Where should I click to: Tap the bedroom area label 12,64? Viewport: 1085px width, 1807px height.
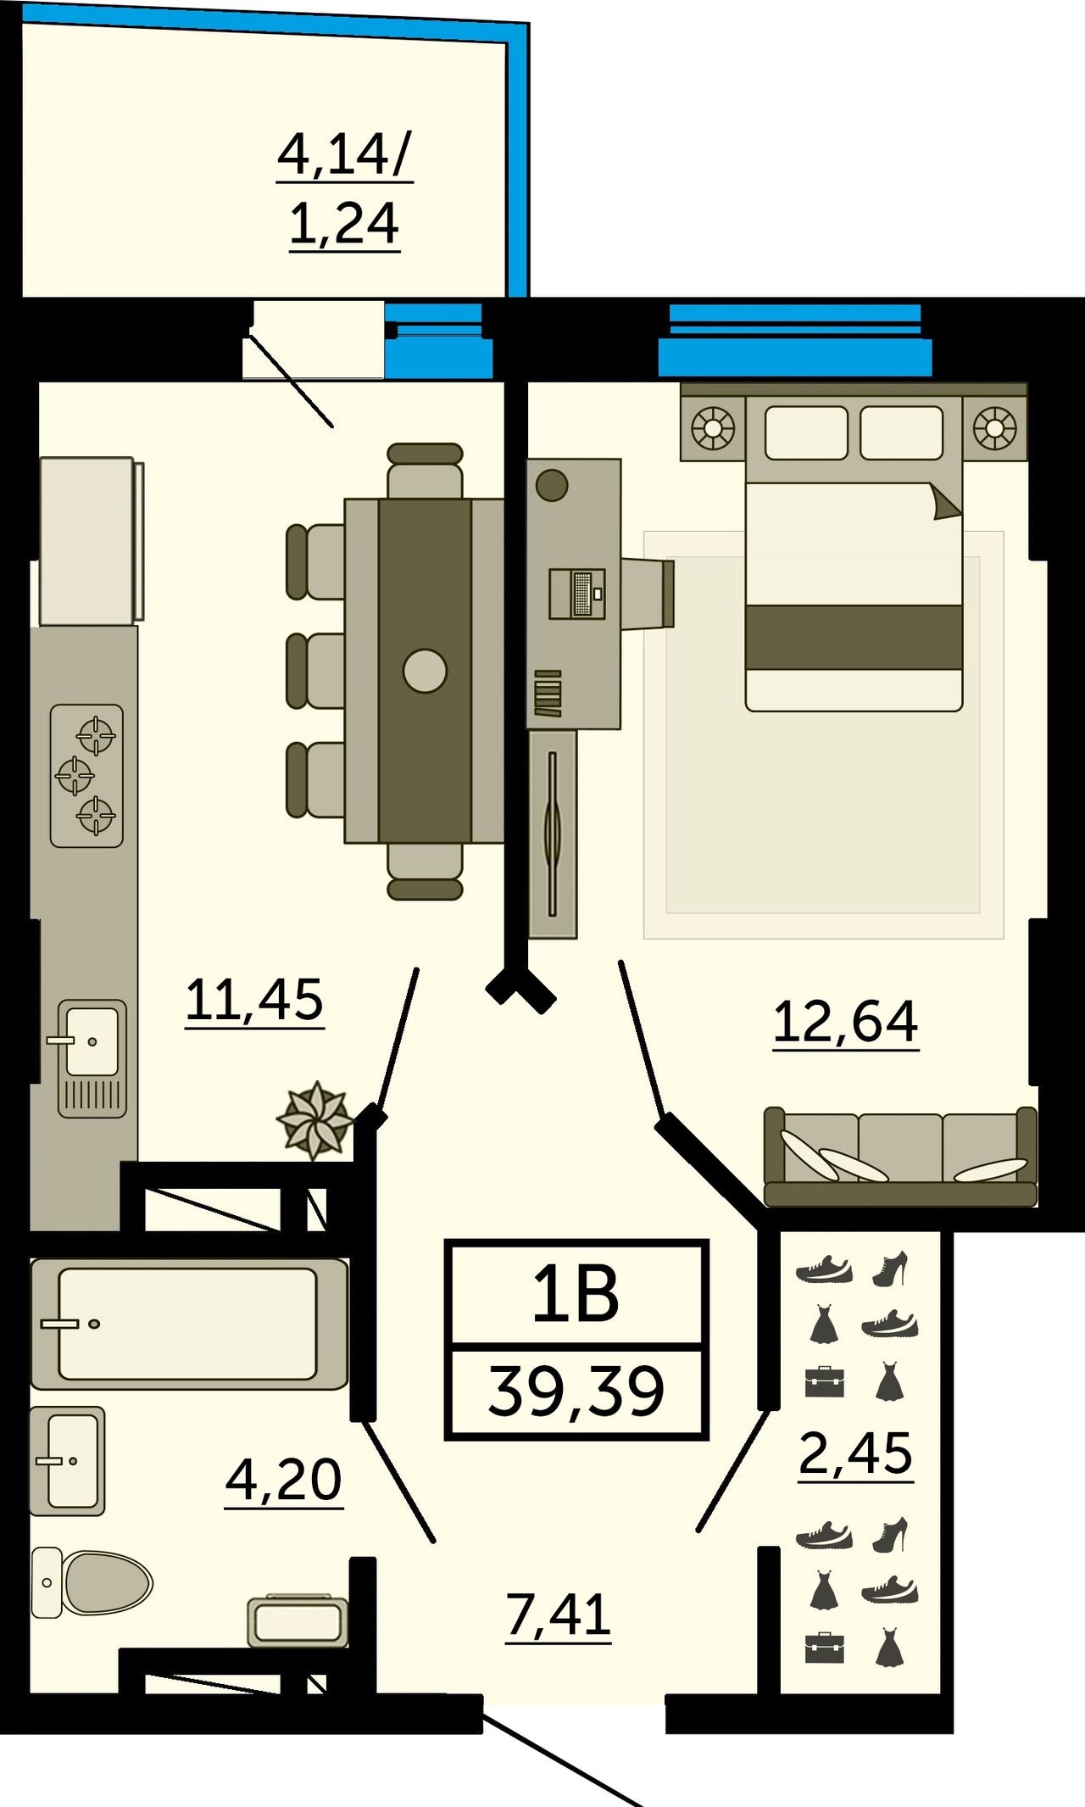[846, 1021]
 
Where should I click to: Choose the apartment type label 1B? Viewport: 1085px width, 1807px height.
[576, 1295]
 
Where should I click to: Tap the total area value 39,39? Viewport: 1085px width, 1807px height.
[576, 1392]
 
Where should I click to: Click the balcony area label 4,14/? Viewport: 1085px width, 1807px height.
[345, 155]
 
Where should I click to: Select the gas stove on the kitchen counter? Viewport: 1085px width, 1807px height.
[86, 776]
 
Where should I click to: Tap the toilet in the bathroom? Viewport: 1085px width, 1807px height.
[92, 1581]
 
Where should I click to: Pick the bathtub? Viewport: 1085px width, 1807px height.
[188, 1324]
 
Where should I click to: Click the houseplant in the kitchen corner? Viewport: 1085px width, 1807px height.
[315, 1121]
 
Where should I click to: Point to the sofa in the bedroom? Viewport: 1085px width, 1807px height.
[900, 1157]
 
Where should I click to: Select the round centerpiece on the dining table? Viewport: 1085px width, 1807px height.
[425, 671]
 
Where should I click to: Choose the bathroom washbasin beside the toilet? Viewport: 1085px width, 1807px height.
[68, 1461]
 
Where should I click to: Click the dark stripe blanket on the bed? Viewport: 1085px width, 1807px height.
[854, 637]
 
